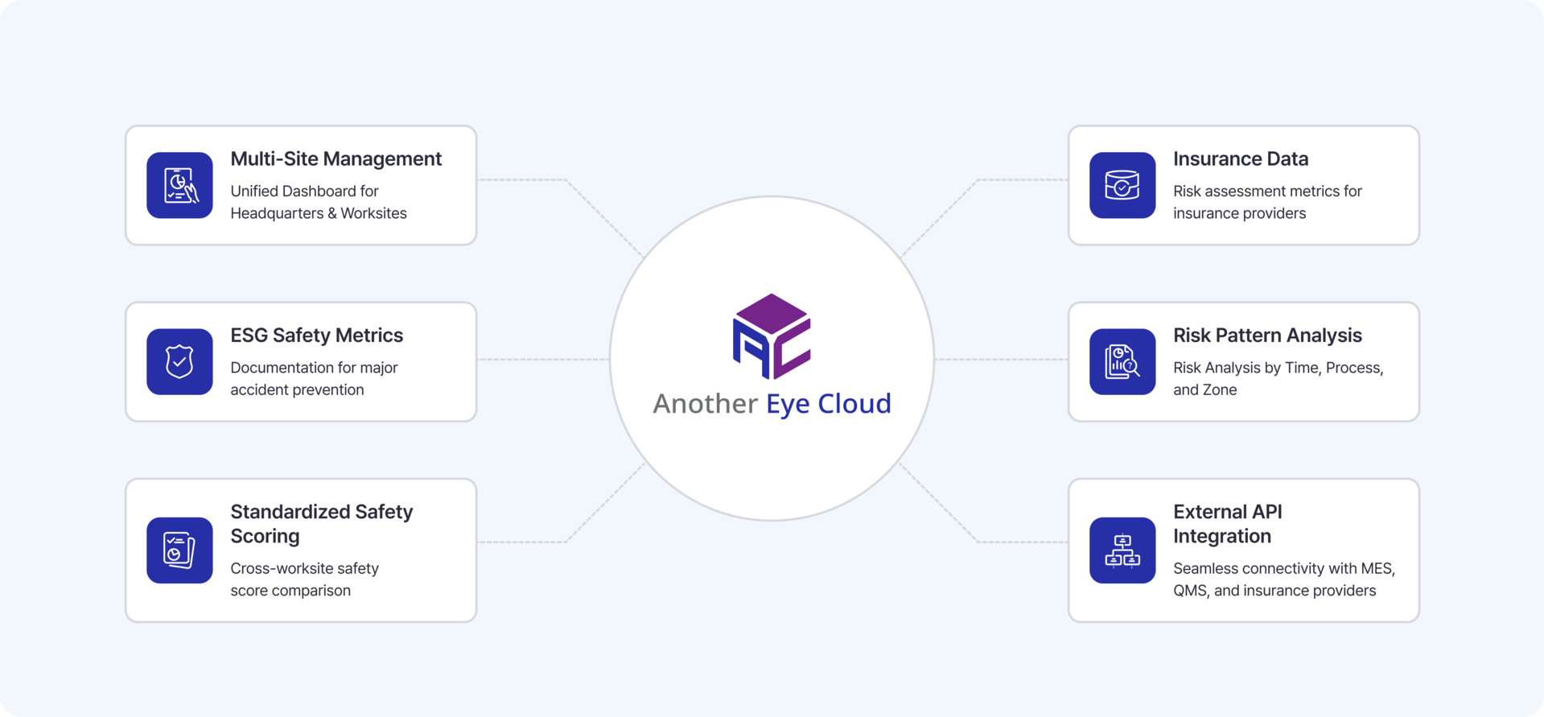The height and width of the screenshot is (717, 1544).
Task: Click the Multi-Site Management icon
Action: click(x=179, y=185)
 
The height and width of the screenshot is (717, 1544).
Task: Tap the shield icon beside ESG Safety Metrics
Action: click(x=179, y=361)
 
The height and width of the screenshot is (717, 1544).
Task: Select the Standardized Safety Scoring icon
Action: click(x=179, y=550)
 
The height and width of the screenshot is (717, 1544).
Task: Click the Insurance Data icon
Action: click(x=1122, y=185)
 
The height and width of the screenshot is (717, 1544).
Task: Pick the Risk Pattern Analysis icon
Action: click(x=1122, y=361)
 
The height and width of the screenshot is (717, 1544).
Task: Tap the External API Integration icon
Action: click(x=1122, y=550)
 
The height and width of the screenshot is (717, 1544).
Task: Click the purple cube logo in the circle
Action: click(x=772, y=336)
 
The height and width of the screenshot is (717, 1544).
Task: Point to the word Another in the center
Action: click(x=706, y=403)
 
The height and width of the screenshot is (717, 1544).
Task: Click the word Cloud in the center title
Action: click(x=854, y=403)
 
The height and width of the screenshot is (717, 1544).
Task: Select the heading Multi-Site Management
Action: click(x=336, y=159)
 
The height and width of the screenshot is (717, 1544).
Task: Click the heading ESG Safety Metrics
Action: click(x=317, y=336)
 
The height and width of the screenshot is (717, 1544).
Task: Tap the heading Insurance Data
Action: click(x=1241, y=159)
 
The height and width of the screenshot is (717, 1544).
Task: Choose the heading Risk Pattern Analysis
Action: click(x=1267, y=336)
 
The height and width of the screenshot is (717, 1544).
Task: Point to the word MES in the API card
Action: click(x=1377, y=568)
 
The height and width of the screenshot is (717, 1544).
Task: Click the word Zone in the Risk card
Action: click(x=1221, y=389)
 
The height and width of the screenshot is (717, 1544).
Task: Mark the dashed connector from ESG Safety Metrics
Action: click(x=544, y=360)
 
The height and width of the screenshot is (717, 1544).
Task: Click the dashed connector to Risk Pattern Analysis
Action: click(x=1001, y=360)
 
